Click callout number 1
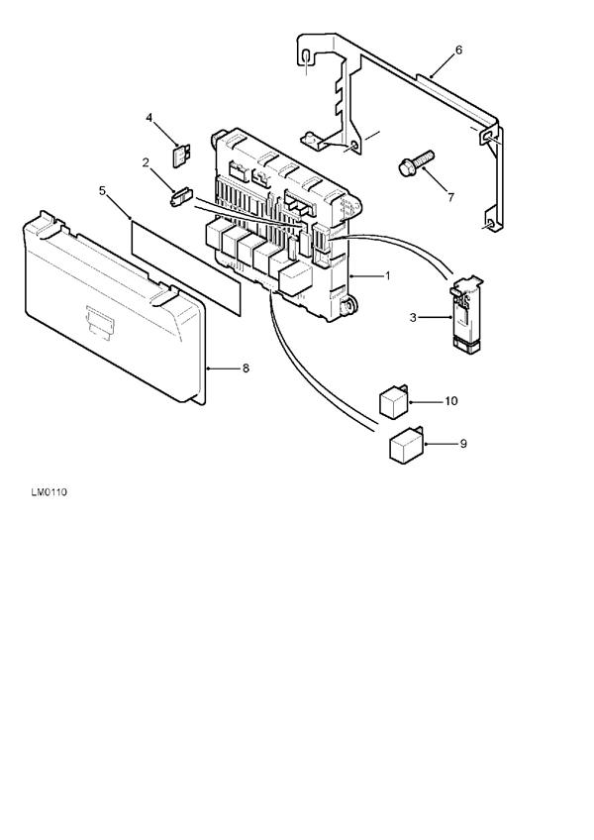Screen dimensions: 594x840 [x=387, y=276]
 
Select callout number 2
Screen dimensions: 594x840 [x=146, y=162]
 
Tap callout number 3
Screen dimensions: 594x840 [x=413, y=318]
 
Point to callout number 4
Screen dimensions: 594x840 [x=148, y=117]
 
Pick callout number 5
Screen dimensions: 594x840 [x=103, y=191]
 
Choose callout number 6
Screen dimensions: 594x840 [x=458, y=51]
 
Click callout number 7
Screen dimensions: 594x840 [x=451, y=198]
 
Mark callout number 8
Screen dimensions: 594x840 [x=246, y=368]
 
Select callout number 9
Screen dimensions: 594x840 [x=463, y=444]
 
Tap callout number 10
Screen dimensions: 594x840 [x=451, y=401]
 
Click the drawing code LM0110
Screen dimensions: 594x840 [x=49, y=492]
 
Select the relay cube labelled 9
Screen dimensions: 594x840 [x=406, y=444]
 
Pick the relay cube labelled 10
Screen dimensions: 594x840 [x=394, y=401]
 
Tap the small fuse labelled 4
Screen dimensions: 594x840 [x=181, y=155]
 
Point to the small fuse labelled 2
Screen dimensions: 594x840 [x=180, y=196]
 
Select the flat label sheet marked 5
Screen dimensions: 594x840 [x=186, y=266]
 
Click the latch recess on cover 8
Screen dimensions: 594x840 [x=99, y=322]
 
